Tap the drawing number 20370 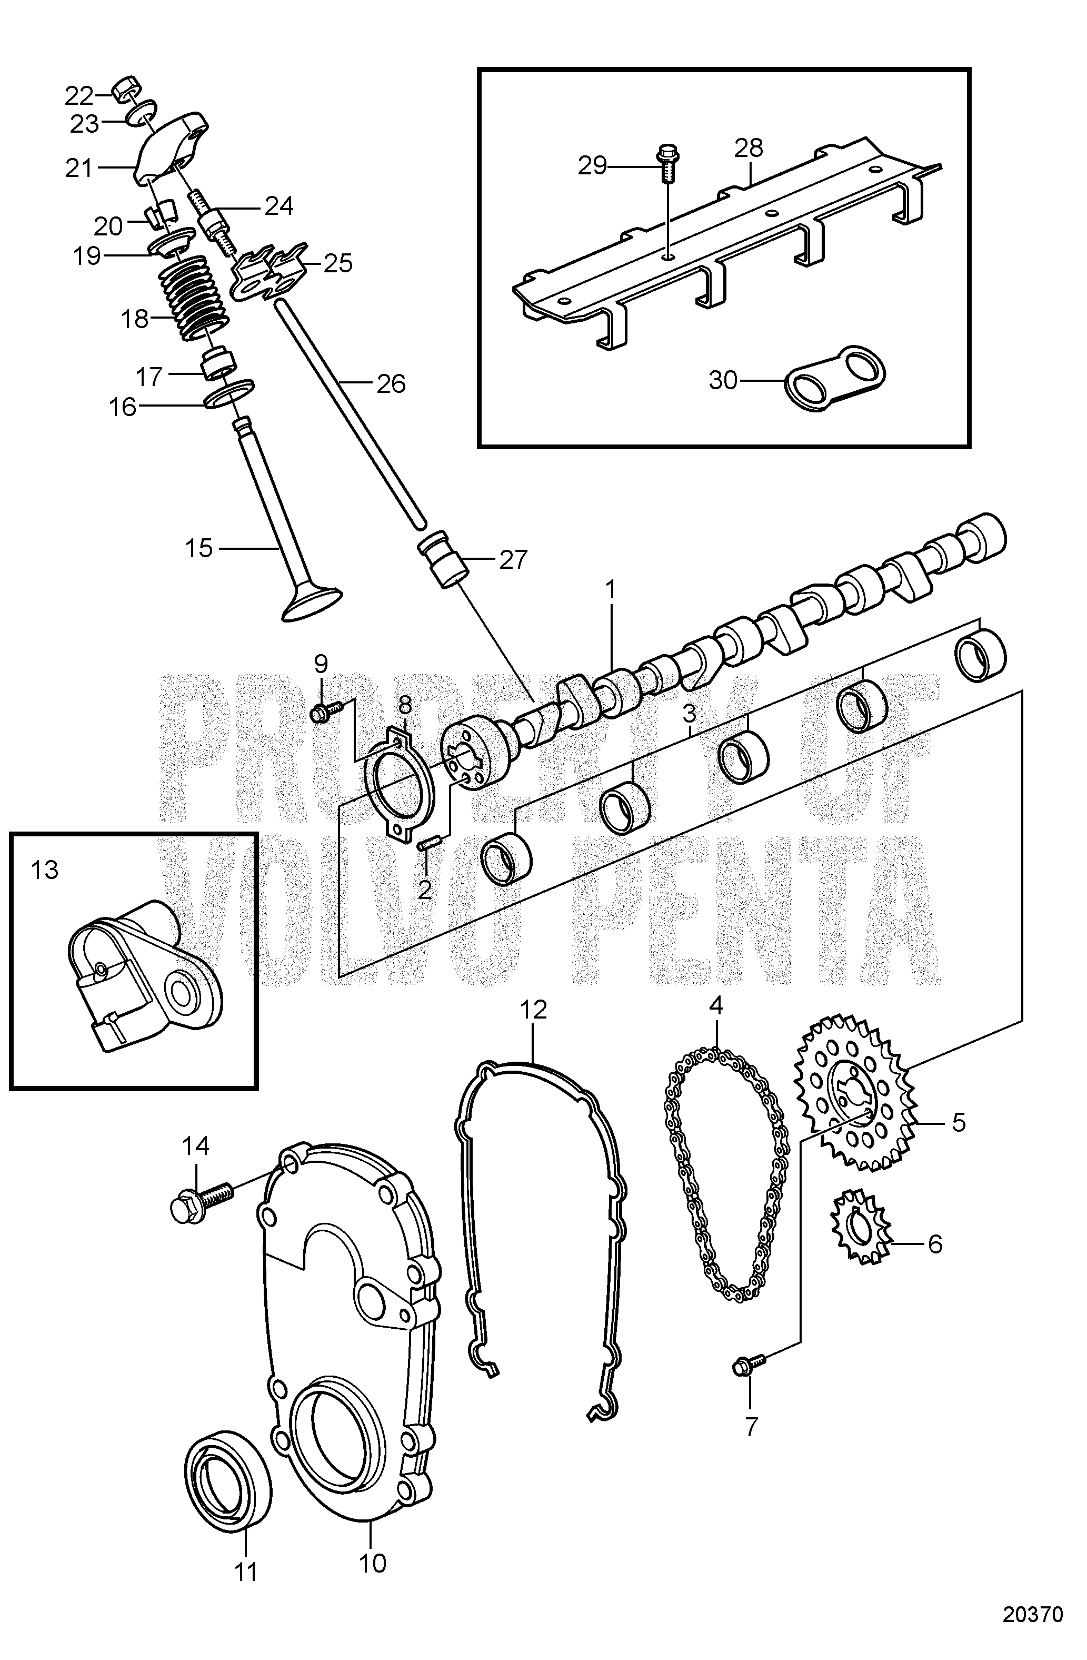[x=1033, y=1634]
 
